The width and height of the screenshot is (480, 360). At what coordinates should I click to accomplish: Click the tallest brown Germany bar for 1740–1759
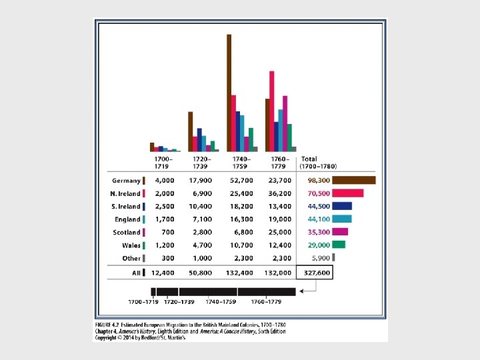pyautogui.click(x=229, y=93)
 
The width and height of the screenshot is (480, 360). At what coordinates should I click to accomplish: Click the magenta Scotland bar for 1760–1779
pyautogui.click(x=285, y=123)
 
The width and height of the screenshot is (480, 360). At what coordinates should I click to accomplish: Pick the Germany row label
pyautogui.click(x=125, y=180)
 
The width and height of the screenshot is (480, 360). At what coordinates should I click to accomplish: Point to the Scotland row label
pyautogui.click(x=125, y=232)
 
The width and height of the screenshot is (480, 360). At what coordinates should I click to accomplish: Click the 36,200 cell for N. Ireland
pyautogui.click(x=280, y=193)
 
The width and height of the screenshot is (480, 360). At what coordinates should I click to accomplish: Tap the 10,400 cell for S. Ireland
pyautogui.click(x=201, y=206)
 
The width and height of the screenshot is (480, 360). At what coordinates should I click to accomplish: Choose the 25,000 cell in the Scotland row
pyautogui.click(x=280, y=232)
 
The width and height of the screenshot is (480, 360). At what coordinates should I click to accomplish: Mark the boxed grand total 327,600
pyautogui.click(x=314, y=272)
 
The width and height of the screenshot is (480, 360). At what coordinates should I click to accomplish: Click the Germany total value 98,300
pyautogui.click(x=317, y=180)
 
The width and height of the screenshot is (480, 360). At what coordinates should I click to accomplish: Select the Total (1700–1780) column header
pyautogui.click(x=319, y=162)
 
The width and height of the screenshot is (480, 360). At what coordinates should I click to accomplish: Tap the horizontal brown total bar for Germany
pyautogui.click(x=354, y=180)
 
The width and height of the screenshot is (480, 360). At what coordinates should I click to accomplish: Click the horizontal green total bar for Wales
pyautogui.click(x=339, y=245)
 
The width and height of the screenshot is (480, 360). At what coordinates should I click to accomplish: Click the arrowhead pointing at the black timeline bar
pyautogui.click(x=303, y=291)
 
